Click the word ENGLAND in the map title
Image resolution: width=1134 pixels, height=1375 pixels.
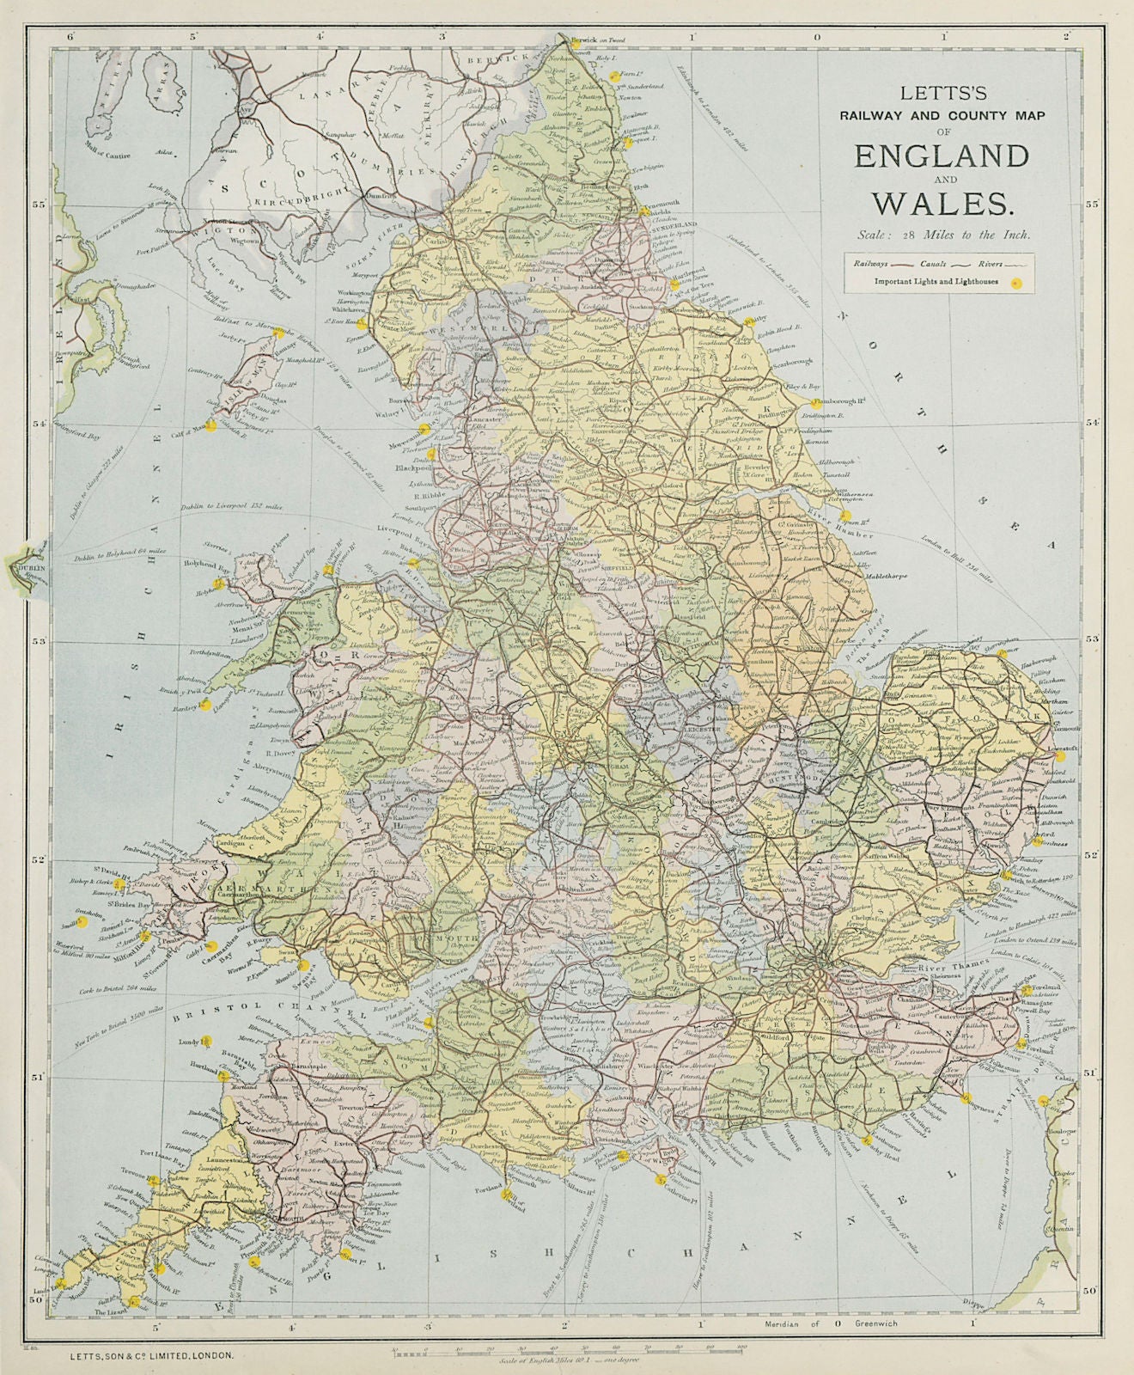(941, 156)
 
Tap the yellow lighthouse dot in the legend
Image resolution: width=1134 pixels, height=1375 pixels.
(1016, 282)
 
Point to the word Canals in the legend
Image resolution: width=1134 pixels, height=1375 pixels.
(934, 265)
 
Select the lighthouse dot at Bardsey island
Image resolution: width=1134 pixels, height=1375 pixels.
(204, 704)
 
